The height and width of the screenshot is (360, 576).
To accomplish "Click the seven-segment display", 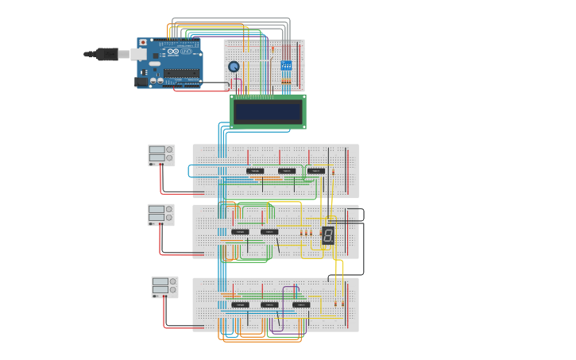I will (327, 235).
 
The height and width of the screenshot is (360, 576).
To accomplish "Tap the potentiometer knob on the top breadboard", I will (234, 67).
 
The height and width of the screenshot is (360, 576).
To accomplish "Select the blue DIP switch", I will (286, 65).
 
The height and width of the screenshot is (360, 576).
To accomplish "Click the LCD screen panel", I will (268, 112).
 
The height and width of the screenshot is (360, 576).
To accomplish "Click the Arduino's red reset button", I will (143, 43).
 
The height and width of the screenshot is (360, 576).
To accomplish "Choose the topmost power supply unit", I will (161, 154).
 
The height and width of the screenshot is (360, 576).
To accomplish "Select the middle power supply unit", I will (160, 215).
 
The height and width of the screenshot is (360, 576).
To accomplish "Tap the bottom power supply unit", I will (164, 287).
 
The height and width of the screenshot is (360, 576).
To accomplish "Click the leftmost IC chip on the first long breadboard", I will (254, 171).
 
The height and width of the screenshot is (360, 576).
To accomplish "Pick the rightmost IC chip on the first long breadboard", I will (315, 171).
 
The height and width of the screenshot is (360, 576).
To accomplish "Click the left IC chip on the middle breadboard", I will (239, 232).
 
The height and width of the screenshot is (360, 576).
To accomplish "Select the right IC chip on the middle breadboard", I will (269, 232).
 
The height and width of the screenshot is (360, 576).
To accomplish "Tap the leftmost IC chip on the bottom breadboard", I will (240, 304).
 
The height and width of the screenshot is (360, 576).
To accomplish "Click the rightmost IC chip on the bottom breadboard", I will (301, 304).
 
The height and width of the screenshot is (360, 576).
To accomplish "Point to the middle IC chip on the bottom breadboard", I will (270, 304).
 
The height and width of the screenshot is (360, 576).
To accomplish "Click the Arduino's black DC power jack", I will (141, 81).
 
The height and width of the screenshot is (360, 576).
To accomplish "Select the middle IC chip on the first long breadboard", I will (286, 171).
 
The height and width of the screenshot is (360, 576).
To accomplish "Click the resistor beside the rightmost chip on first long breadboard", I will (333, 172).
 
